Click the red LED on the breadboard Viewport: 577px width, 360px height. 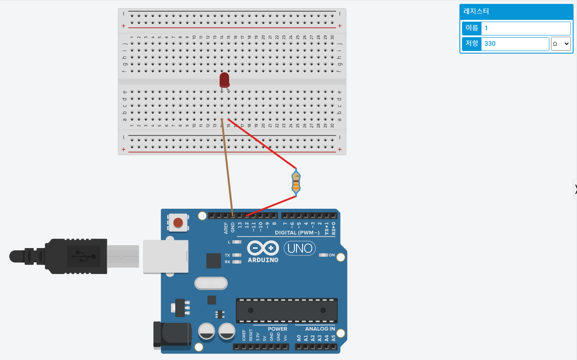(224, 80)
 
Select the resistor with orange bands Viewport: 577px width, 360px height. (296, 182)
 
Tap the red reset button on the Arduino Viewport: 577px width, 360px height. (178, 223)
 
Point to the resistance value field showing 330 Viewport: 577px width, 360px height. (515, 44)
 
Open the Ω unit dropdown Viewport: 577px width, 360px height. (561, 44)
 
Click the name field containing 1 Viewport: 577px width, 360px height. (526, 29)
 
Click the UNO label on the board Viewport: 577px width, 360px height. (300, 248)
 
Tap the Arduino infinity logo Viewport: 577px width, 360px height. (263, 248)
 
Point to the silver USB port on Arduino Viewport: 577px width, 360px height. (166, 256)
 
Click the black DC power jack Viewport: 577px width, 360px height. (172, 335)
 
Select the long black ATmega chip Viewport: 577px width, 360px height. (286, 310)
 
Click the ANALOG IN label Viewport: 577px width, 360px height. (320, 329)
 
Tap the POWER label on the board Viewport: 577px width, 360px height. (277, 329)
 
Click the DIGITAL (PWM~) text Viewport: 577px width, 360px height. (297, 233)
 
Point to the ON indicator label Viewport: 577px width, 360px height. (332, 255)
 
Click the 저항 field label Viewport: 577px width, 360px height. (472, 44)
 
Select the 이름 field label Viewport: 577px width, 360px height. (472, 29)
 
